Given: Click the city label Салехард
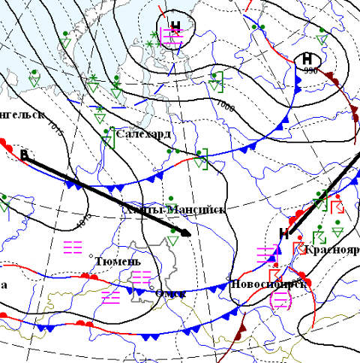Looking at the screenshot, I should tap(143, 135).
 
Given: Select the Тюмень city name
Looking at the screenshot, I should tap(118, 262).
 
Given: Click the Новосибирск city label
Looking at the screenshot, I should tap(268, 284).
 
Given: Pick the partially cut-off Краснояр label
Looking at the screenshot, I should tap(332, 249).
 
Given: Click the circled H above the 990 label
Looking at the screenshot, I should tap(307, 58).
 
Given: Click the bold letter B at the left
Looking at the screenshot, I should tap(24, 155).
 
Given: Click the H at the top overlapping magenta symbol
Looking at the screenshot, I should tap(175, 28).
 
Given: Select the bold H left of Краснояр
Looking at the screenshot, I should tap(283, 233).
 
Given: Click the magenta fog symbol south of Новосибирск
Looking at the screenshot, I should tap(280, 300).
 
